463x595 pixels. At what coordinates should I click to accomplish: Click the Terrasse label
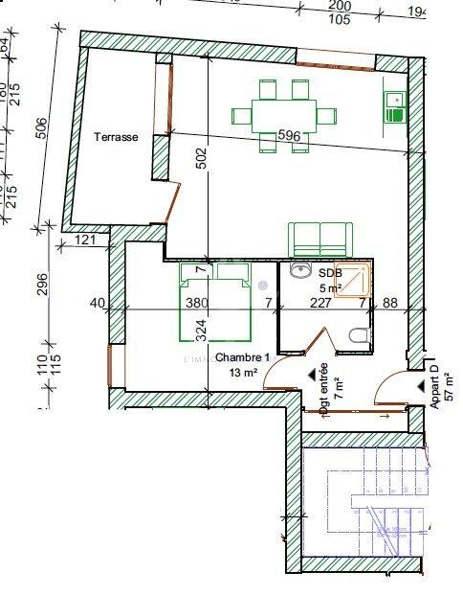tap(116, 137)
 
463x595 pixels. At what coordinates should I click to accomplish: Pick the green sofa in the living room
tap(320, 238)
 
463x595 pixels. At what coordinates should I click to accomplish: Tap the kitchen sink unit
tap(394, 106)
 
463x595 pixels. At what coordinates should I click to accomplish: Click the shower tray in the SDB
tap(354, 278)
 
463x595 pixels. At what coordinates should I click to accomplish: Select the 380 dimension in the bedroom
tap(196, 304)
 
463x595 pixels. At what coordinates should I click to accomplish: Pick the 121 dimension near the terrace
tap(85, 239)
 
